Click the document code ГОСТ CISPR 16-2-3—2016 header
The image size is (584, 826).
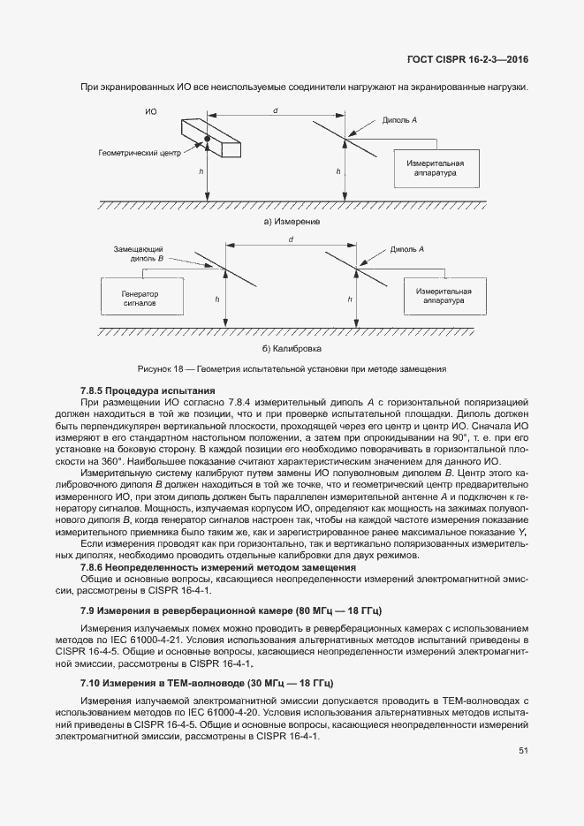[x=472, y=60]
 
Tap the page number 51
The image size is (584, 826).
[x=523, y=751]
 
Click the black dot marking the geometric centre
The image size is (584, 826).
[x=207, y=139]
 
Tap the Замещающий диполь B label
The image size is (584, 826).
[x=139, y=255]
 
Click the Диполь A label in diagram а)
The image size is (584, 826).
[x=400, y=119]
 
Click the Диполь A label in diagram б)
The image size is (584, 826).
[x=407, y=250]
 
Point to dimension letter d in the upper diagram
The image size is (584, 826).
[x=276, y=110]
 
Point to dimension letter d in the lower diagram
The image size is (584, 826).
[x=291, y=239]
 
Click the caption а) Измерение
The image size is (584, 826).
[x=292, y=222]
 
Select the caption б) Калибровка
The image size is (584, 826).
[x=292, y=349]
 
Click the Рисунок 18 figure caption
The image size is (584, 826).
[x=292, y=368]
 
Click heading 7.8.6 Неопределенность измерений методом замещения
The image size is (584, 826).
[x=217, y=566]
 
